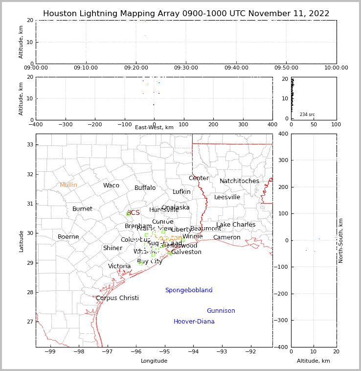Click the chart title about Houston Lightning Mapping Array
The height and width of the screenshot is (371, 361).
coord(186,14)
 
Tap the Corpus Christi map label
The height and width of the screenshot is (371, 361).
coord(117,298)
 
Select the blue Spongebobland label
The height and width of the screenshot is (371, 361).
coord(188,290)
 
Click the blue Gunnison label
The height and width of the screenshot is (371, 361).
coord(221,311)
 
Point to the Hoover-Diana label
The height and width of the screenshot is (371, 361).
coord(194,322)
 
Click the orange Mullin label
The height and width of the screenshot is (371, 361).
coord(68,185)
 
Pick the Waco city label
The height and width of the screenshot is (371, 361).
coord(111,185)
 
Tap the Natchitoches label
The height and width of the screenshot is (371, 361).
coord(239,181)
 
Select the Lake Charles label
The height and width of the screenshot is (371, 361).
coord(236,225)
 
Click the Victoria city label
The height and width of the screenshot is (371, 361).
coord(119,266)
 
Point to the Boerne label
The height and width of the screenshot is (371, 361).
coord(68,237)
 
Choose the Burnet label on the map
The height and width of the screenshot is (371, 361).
coord(82,209)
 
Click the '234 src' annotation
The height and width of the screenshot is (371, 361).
coord(307,115)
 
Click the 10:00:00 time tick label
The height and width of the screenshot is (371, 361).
coord(336,68)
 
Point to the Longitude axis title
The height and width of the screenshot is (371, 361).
coord(154,361)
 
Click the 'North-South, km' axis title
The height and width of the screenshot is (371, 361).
coord(341,240)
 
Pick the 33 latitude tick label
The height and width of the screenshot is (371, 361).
coord(29,144)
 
